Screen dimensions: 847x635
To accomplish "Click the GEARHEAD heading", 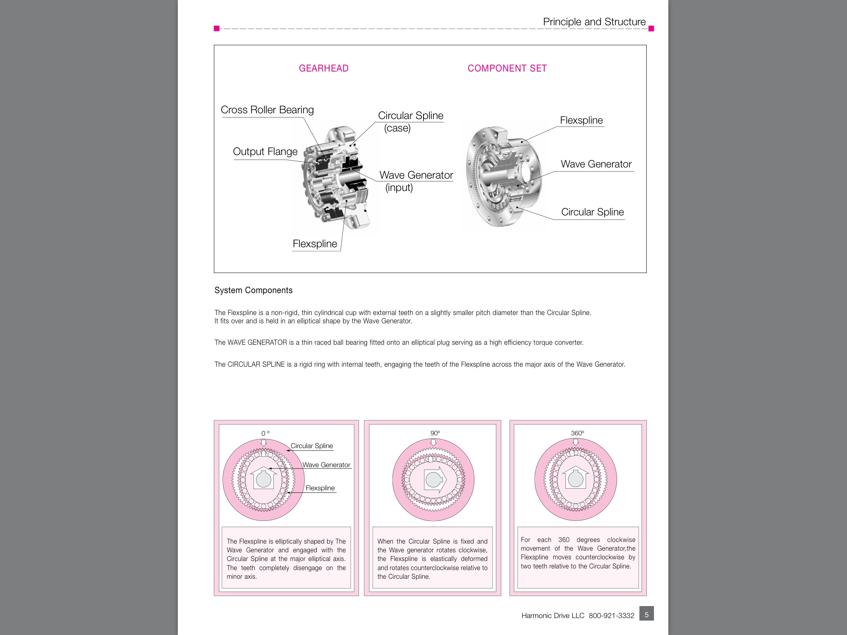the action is pyautogui.click(x=323, y=68).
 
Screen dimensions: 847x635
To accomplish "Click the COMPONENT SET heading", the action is pyautogui.click(x=507, y=68).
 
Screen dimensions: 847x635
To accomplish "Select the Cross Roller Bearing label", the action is pyautogui.click(x=267, y=110).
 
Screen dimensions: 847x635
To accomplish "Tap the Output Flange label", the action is pyautogui.click(x=265, y=151).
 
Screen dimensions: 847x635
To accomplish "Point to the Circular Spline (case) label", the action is pyautogui.click(x=411, y=122).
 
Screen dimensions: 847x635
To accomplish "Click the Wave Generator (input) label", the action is pyautogui.click(x=416, y=181).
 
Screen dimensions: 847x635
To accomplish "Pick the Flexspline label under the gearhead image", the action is pyautogui.click(x=315, y=243).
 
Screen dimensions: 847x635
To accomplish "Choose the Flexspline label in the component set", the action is pyautogui.click(x=581, y=120).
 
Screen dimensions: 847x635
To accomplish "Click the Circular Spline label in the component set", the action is pyautogui.click(x=592, y=212).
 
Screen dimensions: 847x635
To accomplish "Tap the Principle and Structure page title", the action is pyautogui.click(x=594, y=21).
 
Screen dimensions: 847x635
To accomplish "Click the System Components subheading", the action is pyautogui.click(x=254, y=290).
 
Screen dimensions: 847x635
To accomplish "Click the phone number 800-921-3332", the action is pyautogui.click(x=611, y=616).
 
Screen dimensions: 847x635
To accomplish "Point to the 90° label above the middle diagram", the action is pyautogui.click(x=435, y=433).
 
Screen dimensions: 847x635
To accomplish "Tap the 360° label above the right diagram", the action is pyautogui.click(x=577, y=433).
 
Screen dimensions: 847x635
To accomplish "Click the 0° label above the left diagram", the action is pyautogui.click(x=265, y=433).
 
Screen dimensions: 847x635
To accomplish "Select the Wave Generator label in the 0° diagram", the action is pyautogui.click(x=326, y=465).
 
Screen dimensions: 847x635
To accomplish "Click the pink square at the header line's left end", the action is pyautogui.click(x=217, y=29).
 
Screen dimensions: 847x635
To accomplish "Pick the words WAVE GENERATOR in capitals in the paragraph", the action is pyautogui.click(x=257, y=342).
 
